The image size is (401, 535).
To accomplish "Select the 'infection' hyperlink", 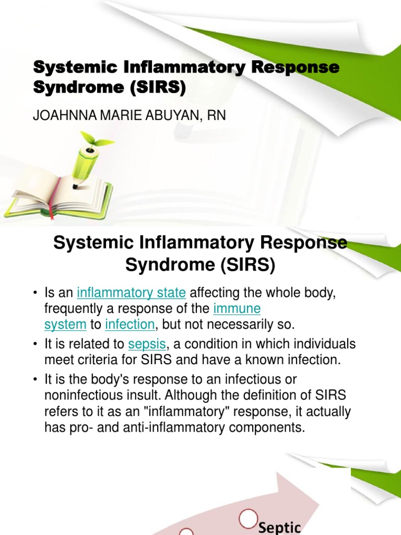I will coord(130,324).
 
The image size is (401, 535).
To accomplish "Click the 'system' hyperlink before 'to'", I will coord(65,324).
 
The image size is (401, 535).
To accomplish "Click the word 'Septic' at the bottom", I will coord(280,527).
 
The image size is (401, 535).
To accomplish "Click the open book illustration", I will coord(57,196).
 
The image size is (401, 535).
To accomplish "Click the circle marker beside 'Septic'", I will coord(246,519).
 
